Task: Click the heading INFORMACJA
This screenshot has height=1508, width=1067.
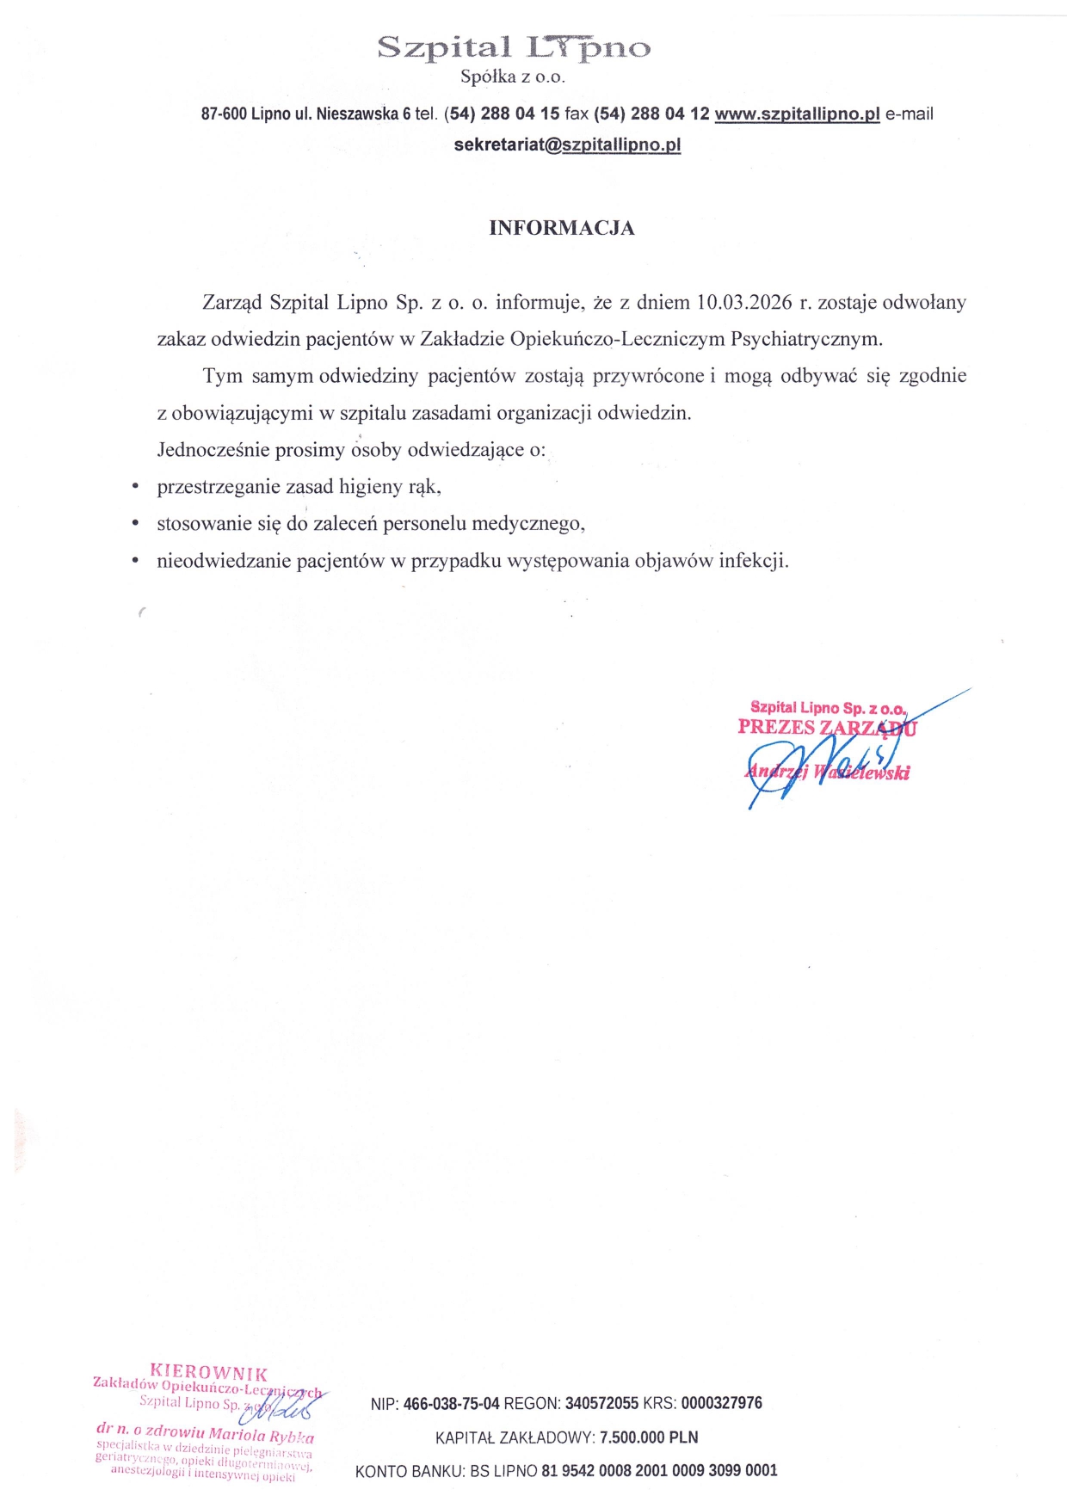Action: click(561, 228)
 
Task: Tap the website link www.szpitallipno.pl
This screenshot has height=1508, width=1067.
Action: click(797, 114)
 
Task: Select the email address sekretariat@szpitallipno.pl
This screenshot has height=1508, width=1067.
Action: click(567, 145)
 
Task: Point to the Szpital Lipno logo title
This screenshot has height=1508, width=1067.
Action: click(514, 47)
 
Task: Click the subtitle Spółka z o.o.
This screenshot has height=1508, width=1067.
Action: click(512, 77)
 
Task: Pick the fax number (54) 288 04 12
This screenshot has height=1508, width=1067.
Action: click(651, 114)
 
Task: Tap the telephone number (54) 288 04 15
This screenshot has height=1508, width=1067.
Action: click(503, 114)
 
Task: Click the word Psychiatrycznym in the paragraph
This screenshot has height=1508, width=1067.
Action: click(806, 339)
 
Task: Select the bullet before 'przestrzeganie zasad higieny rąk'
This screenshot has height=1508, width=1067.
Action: click(135, 487)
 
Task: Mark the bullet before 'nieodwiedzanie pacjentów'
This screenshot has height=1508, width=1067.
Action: click(135, 561)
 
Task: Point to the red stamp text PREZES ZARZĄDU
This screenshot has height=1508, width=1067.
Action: click(826, 728)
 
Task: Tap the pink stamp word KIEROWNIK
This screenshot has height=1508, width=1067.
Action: click(208, 1373)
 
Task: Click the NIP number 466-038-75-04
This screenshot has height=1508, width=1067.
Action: click(451, 1404)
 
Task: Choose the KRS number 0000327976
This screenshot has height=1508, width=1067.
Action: click(721, 1404)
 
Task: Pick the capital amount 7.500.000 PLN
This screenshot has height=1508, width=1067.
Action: click(649, 1437)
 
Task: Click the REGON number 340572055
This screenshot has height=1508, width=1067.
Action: click(601, 1404)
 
